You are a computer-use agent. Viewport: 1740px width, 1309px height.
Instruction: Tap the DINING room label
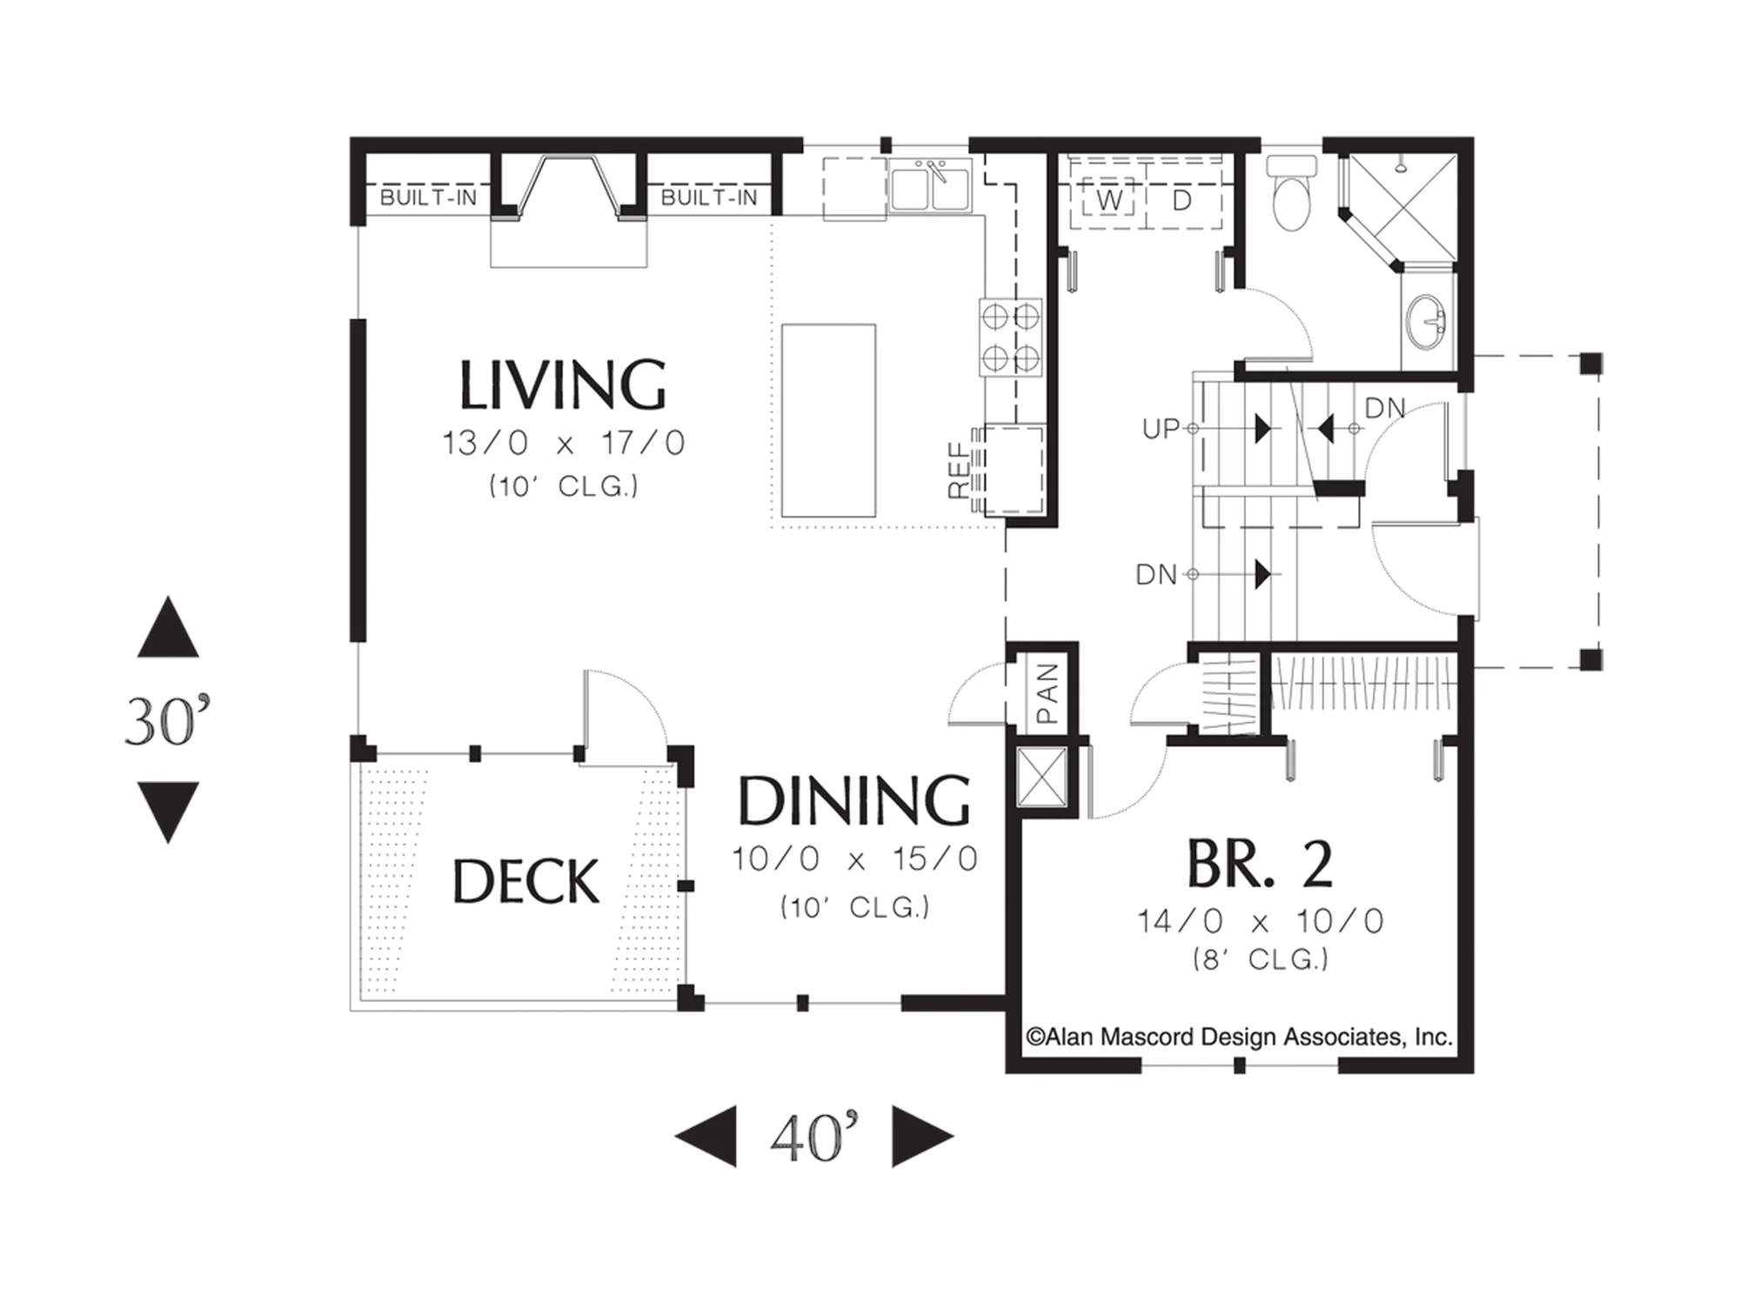pyautogui.click(x=854, y=800)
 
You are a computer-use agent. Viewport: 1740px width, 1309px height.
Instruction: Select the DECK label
pyautogui.click(x=526, y=881)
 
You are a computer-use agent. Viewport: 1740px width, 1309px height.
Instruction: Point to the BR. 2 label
pyautogui.click(x=1260, y=864)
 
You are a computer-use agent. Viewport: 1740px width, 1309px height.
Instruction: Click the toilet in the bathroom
pyautogui.click(x=1291, y=192)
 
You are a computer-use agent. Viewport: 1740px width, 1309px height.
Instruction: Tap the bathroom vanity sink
pyautogui.click(x=1427, y=320)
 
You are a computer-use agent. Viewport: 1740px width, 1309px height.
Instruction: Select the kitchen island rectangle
pyautogui.click(x=828, y=421)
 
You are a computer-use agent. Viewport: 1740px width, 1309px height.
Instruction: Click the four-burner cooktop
pyautogui.click(x=1010, y=337)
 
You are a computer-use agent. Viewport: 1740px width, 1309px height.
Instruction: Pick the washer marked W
pyautogui.click(x=1108, y=201)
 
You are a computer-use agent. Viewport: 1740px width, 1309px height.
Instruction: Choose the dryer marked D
pyautogui.click(x=1181, y=201)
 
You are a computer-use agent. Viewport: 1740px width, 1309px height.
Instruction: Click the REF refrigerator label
pyautogui.click(x=959, y=471)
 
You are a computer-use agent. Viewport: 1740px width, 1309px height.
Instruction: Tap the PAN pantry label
pyautogui.click(x=1047, y=694)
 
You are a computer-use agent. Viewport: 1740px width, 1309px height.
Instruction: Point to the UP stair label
pyautogui.click(x=1161, y=429)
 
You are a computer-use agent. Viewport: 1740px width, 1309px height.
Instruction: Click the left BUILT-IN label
pyautogui.click(x=429, y=197)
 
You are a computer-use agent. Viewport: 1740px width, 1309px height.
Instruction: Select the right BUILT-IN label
pyautogui.click(x=710, y=197)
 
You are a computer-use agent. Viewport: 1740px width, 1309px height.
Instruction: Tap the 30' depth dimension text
pyautogui.click(x=168, y=720)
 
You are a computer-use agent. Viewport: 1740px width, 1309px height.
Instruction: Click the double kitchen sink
pyautogui.click(x=930, y=187)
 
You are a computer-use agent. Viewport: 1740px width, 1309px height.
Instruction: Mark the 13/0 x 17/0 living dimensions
pyautogui.click(x=564, y=443)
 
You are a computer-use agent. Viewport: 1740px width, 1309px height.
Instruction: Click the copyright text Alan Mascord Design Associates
pyautogui.click(x=1240, y=1037)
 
